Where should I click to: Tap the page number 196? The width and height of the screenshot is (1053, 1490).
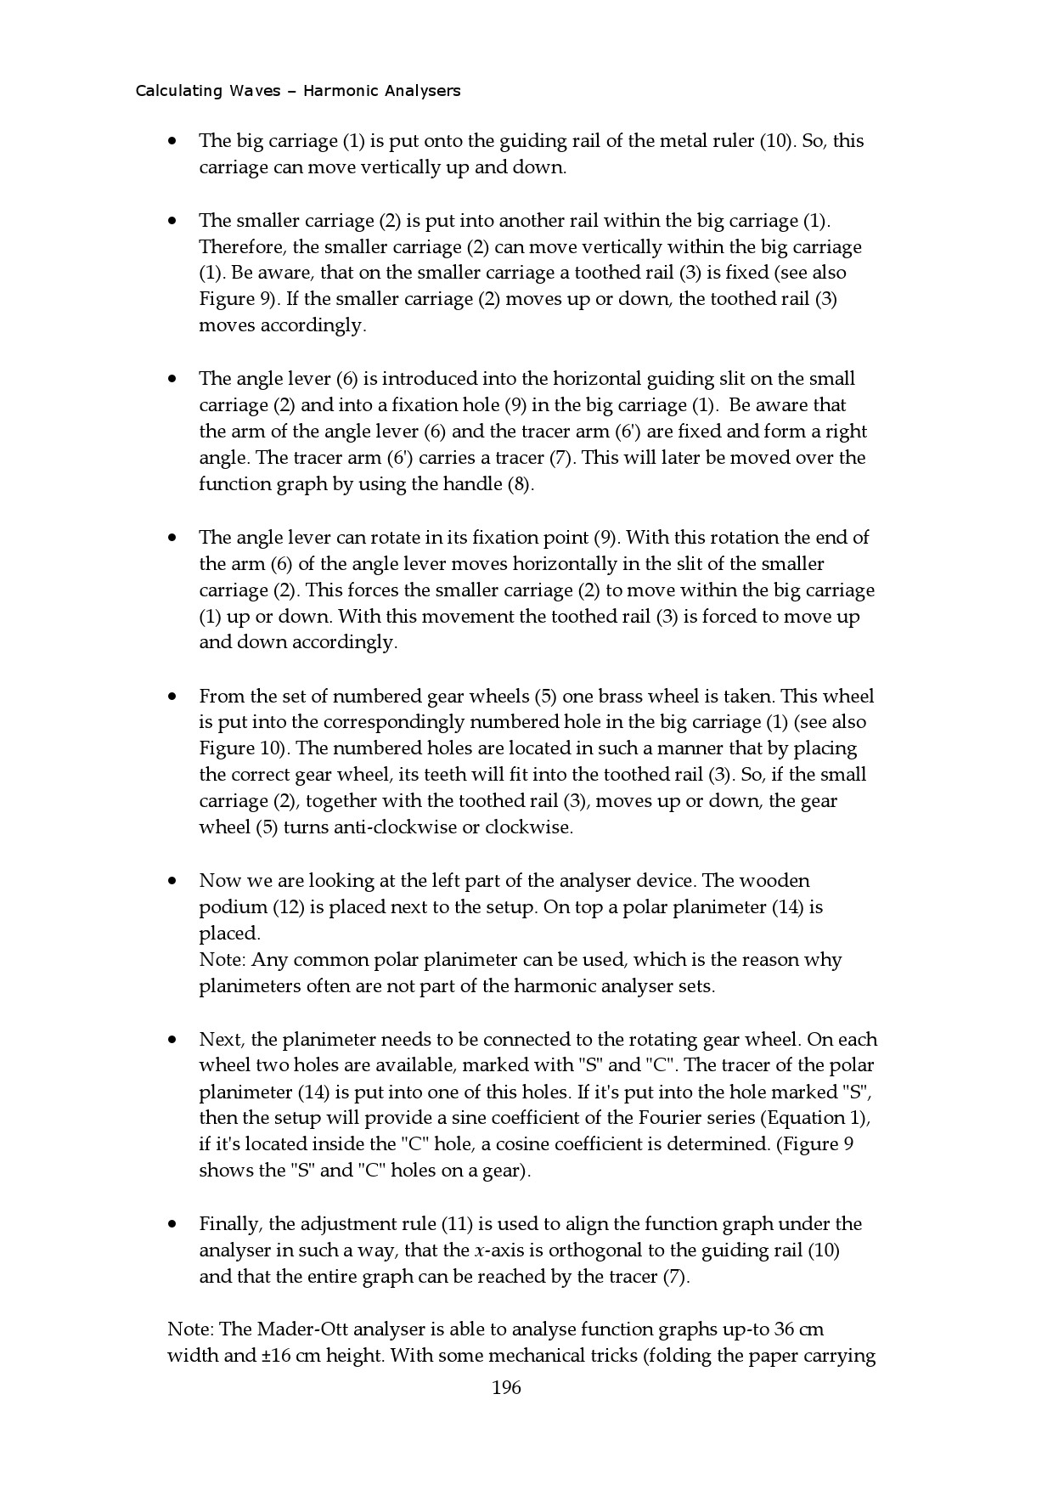506,1388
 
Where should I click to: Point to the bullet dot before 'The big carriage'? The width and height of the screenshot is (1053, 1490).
172,141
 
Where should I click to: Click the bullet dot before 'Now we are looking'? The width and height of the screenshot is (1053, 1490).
172,881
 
